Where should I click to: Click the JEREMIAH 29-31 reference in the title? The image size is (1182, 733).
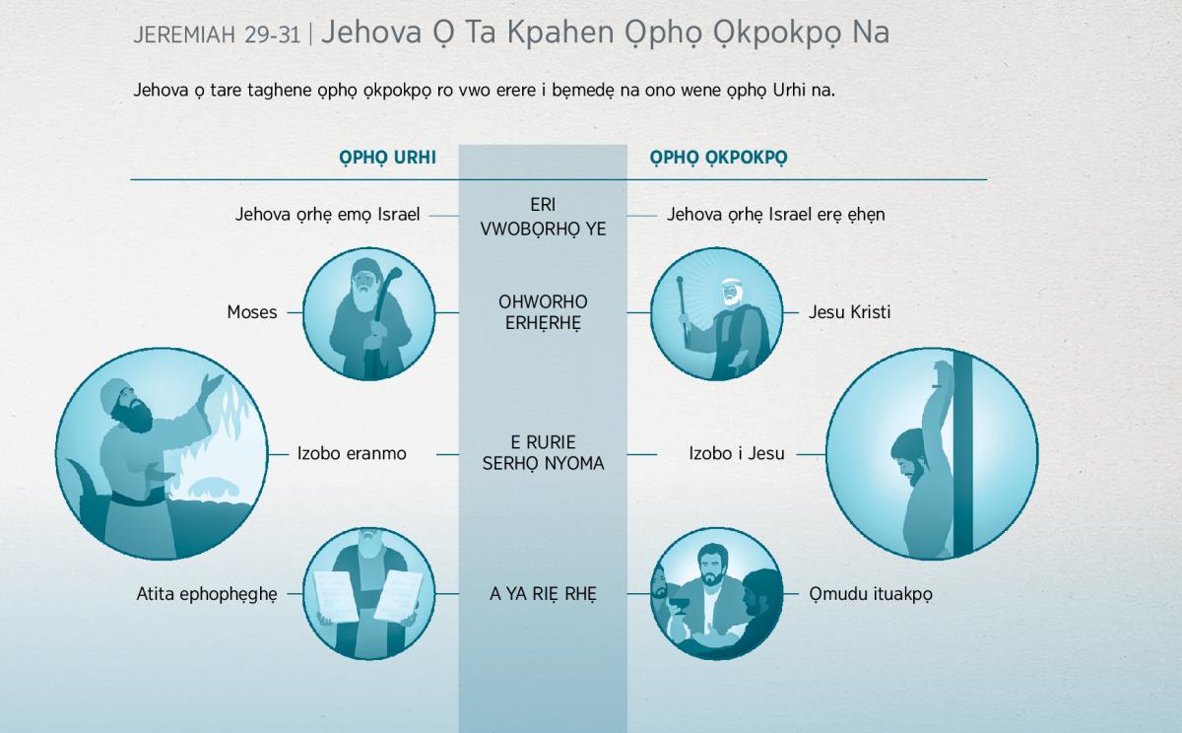pyautogui.click(x=217, y=34)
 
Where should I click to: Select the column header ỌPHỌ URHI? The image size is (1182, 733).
pyautogui.click(x=387, y=158)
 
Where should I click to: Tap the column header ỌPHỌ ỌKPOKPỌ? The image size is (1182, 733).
pyautogui.click(x=718, y=158)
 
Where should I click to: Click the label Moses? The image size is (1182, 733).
pyautogui.click(x=252, y=312)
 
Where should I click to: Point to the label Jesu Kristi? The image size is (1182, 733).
pyautogui.click(x=849, y=312)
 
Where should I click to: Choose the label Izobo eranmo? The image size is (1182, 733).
pyautogui.click(x=352, y=453)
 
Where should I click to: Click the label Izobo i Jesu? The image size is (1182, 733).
pyautogui.click(x=737, y=453)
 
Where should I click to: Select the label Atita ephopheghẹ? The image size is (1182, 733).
pyautogui.click(x=207, y=594)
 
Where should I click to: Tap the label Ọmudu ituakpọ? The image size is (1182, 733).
pyautogui.click(x=871, y=594)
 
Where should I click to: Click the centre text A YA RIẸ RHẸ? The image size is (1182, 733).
pyautogui.click(x=543, y=594)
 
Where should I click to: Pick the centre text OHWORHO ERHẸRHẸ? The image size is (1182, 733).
pyautogui.click(x=543, y=312)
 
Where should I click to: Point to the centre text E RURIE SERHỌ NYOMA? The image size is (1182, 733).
pyautogui.click(x=543, y=453)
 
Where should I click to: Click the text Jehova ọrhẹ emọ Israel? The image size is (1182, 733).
pyautogui.click(x=327, y=215)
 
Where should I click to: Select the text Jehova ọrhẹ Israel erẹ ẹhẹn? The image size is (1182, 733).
pyautogui.click(x=776, y=215)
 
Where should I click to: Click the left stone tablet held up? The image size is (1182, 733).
pyautogui.click(x=336, y=595)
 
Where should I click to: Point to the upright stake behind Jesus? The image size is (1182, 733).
pyautogui.click(x=963, y=454)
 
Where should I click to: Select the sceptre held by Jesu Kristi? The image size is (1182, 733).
pyautogui.click(x=684, y=306)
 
